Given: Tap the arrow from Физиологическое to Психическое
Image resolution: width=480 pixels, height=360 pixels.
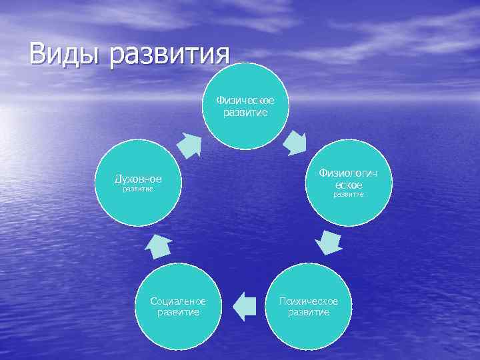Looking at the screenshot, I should (329, 243).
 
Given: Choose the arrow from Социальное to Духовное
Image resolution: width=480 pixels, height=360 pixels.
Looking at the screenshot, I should (159, 245).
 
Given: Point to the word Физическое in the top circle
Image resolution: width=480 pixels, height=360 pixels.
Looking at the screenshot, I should (245, 101).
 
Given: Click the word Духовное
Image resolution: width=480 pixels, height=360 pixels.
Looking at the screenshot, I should (138, 179).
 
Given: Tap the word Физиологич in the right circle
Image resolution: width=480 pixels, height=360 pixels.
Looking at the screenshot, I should (348, 173).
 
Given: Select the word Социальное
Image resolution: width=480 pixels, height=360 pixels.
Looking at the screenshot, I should (178, 301).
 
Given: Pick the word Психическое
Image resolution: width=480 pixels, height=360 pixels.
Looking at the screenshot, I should (309, 301).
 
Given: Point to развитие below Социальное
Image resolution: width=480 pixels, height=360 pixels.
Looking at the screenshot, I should (178, 312).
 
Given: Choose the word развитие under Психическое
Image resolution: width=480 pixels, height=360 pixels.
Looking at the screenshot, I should (309, 312).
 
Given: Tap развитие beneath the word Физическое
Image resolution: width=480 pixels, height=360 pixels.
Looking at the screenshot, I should (245, 112).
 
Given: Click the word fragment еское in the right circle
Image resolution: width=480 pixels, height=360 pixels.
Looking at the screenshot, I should (348, 184).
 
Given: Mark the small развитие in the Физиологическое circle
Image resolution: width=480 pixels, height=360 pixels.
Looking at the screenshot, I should (348, 195).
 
